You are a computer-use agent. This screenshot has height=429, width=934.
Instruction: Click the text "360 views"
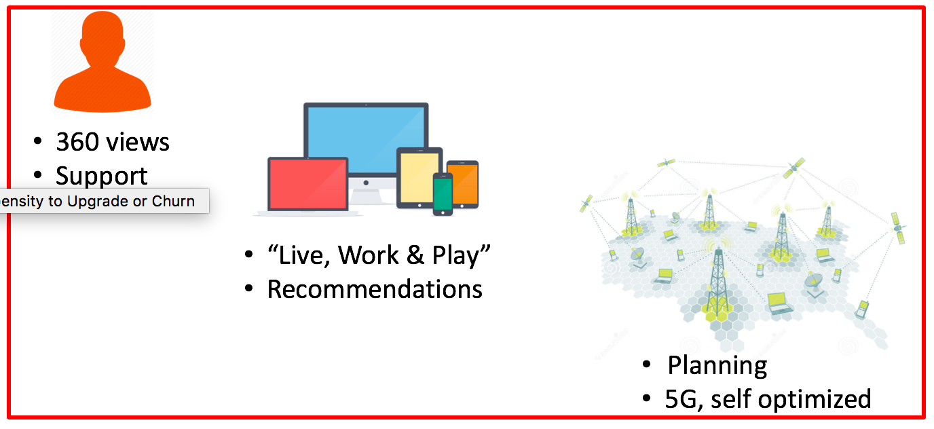(x=113, y=142)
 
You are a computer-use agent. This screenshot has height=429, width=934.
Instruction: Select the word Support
(x=102, y=176)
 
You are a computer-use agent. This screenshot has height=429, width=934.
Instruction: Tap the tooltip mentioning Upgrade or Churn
(x=102, y=202)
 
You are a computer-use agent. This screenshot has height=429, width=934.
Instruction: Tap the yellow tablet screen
(x=419, y=177)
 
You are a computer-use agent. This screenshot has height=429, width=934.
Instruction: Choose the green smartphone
(x=443, y=193)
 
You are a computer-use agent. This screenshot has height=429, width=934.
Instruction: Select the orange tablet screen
(x=463, y=184)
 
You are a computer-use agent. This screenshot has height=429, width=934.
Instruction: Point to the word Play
(x=459, y=255)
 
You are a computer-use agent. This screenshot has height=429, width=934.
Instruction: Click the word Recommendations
(x=375, y=289)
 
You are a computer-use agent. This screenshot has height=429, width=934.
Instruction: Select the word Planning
(x=717, y=366)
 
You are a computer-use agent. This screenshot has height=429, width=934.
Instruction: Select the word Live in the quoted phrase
(x=300, y=255)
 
